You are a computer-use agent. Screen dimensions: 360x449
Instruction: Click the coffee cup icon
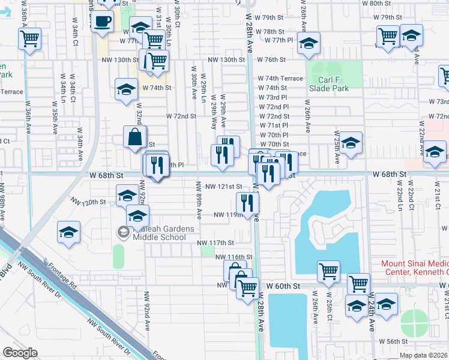point(103,21)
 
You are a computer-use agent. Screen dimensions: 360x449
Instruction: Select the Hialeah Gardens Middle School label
point(158,232)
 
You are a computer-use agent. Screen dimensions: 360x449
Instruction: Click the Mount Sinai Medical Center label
point(415,268)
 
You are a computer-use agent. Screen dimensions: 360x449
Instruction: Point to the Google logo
point(20,353)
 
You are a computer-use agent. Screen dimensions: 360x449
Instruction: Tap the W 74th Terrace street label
point(280,79)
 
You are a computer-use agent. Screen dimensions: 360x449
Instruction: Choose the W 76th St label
point(271,60)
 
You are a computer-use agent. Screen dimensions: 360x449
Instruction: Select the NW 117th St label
point(215,242)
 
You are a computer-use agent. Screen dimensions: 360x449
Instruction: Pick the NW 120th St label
point(88,202)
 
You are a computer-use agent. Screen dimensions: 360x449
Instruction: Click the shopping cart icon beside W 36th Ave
point(30,39)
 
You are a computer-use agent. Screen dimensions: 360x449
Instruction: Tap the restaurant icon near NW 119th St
point(247,202)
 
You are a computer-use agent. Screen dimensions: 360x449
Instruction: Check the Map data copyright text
point(423,355)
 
